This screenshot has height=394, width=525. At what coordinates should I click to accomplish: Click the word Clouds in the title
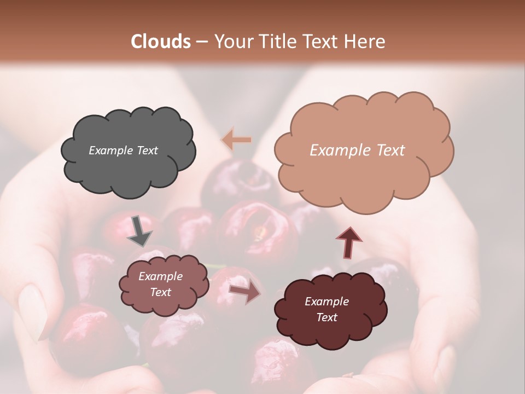point(161,42)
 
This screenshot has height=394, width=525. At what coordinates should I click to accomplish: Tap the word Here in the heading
point(365,42)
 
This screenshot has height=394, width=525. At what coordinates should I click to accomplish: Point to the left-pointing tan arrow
point(236,140)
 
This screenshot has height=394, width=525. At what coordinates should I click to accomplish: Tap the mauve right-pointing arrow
point(244,293)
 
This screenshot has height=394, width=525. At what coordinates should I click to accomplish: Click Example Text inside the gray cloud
point(123,150)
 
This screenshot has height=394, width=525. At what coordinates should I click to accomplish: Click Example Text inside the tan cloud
point(357,150)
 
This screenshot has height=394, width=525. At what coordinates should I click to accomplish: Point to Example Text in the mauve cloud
point(160,285)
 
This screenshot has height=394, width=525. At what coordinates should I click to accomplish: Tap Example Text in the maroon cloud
point(326,309)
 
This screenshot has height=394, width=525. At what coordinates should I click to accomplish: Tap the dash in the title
point(201,42)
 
